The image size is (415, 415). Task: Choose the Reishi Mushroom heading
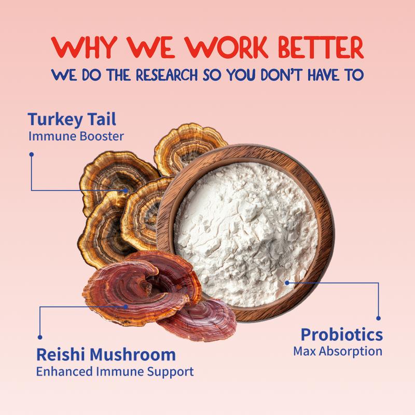tap(106, 355)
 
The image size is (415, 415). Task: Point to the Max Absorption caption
tap(338, 351)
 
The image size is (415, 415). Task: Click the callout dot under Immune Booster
tap(32, 154)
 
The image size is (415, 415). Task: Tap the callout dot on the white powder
tap(287, 283)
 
